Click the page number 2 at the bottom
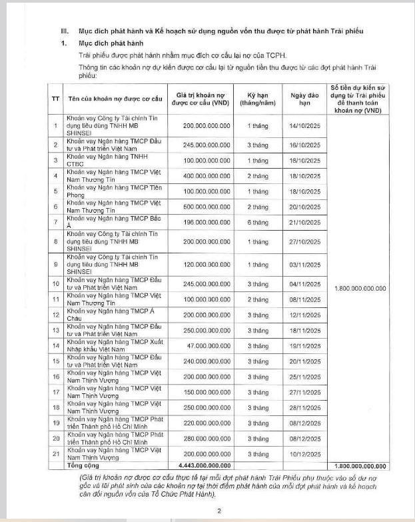tap(218, 510)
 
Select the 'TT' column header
tap(55, 99)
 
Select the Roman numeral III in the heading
tap(65, 31)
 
